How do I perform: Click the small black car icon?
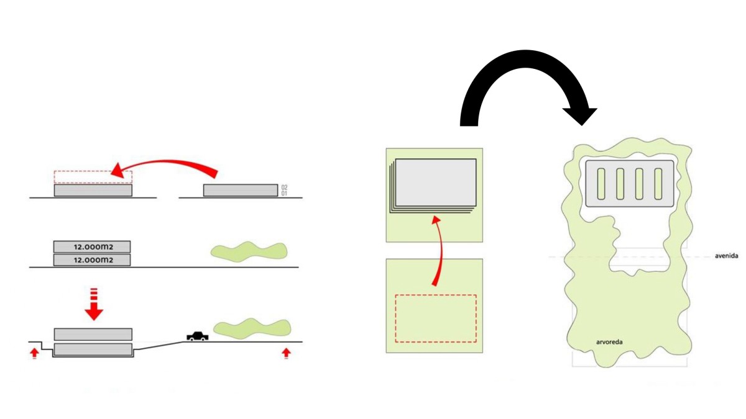coord(198,336)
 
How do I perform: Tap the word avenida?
coord(726,256)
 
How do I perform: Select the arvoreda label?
coord(609,342)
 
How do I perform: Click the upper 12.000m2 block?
coord(92,247)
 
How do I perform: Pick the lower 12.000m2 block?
coord(92,260)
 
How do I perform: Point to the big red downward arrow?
coord(94,304)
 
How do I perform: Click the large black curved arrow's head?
coord(580,117)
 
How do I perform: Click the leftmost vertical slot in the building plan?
coord(601,184)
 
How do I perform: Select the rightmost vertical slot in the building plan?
coord(658,184)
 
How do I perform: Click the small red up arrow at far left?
coord(34,353)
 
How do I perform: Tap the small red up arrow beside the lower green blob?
coord(286,353)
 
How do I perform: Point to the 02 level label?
coord(284,187)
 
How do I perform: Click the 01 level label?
coord(284,193)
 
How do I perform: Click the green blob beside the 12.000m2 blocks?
coord(249,252)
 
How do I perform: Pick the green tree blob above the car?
coord(252,328)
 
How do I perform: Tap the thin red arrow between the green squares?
coord(441,250)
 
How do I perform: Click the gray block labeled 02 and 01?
coord(241,191)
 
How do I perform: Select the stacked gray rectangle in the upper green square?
coord(433,186)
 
